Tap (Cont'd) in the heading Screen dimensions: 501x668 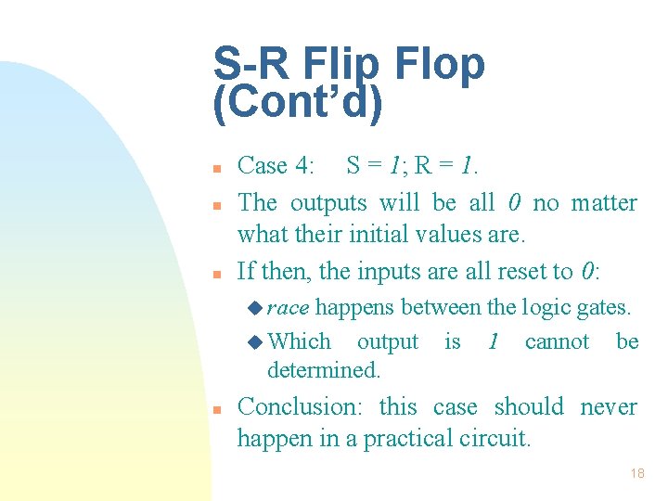297,104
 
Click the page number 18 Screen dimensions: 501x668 636,473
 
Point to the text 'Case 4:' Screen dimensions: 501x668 276,166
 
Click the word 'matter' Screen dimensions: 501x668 604,202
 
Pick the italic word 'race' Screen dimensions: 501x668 289,307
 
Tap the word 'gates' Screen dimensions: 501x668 603,307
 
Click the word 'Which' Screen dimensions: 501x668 299,341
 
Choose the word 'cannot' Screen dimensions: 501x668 557,341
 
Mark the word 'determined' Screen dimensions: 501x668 322,370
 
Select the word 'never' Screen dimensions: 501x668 609,406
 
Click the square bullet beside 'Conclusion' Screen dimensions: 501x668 215,409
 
